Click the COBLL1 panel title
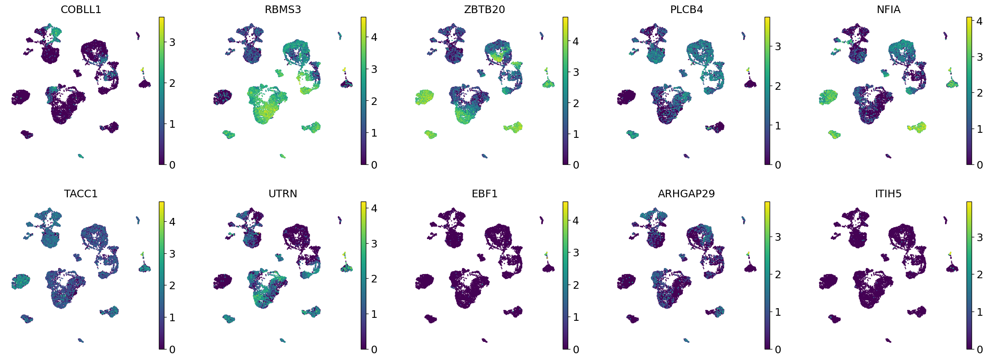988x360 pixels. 81,9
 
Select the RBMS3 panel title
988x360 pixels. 283,9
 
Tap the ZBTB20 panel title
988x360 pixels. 484,9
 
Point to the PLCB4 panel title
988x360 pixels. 686,9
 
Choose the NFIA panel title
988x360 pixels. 888,9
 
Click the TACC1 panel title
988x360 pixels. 81,193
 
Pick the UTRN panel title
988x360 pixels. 283,193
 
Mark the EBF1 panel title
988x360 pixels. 484,193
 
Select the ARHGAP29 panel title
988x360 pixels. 686,193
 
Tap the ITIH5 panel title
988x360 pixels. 888,193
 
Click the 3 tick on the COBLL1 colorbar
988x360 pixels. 172,42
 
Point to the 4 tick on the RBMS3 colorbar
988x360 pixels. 374,37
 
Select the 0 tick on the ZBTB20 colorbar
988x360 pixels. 576,165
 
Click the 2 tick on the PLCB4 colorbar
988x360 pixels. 778,86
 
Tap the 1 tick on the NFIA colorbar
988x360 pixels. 980,129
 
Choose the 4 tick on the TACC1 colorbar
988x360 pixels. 172,222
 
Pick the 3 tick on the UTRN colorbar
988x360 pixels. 374,244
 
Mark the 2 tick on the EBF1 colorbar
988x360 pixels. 576,285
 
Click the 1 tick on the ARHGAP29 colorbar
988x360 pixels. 778,312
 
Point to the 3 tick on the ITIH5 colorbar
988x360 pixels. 980,237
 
